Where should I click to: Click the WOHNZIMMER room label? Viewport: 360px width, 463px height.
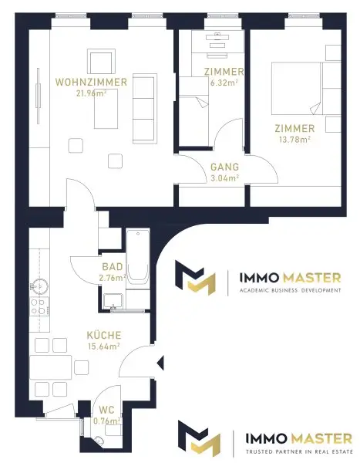click(x=91, y=82)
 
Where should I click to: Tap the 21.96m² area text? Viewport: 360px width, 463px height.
click(x=92, y=93)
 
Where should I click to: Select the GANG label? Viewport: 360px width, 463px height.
click(x=224, y=167)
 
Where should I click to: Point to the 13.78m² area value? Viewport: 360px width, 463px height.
click(x=294, y=139)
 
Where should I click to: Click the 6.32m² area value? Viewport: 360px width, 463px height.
click(x=224, y=83)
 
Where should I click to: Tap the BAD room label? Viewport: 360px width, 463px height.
click(x=112, y=267)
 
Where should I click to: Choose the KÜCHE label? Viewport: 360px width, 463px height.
click(x=104, y=335)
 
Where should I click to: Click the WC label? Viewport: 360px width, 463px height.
click(x=106, y=410)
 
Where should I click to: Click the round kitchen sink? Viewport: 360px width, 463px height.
click(x=39, y=286)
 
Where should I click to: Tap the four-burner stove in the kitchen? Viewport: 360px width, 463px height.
click(x=39, y=306)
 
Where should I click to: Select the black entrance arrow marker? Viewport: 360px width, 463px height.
click(x=160, y=363)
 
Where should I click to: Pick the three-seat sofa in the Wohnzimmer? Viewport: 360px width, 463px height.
click(x=143, y=108)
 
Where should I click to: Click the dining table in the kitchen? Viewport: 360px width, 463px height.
click(x=50, y=367)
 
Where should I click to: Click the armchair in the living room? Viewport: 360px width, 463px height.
click(x=101, y=62)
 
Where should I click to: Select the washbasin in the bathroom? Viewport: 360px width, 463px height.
click(x=113, y=301)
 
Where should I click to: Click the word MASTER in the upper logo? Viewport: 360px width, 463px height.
click(x=311, y=278)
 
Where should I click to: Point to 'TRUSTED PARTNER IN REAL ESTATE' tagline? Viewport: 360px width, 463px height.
click(x=300, y=451)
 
